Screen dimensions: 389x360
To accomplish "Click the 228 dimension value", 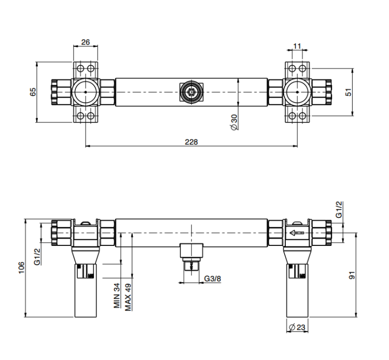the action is click(x=191, y=142).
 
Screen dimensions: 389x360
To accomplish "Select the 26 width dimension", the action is click(x=86, y=42).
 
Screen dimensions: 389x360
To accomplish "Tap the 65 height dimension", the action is click(x=33, y=92).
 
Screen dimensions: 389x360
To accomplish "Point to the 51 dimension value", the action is click(x=349, y=92).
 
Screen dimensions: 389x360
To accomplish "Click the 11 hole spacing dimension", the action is click(x=297, y=46).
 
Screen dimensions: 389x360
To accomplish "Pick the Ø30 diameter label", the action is click(x=234, y=122).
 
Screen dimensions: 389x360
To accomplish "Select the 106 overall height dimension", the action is click(x=22, y=268).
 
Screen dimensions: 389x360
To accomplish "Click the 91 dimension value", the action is click(x=352, y=275).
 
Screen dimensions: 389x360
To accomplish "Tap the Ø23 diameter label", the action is click(x=297, y=327).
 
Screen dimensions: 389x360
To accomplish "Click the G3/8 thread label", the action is click(x=212, y=279).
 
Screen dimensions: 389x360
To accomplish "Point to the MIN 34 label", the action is click(x=117, y=296).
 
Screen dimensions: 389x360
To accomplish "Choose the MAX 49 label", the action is click(x=128, y=297).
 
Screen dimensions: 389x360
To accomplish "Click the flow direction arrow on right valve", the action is click(x=297, y=233).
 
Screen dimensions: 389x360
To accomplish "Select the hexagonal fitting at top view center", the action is click(x=191, y=92).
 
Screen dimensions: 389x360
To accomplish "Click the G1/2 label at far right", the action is click(x=339, y=210).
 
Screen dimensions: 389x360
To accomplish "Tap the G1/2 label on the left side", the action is click(x=37, y=257).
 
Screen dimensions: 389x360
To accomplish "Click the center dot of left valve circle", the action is click(x=86, y=92).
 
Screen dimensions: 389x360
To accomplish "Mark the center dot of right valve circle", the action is click(x=297, y=92).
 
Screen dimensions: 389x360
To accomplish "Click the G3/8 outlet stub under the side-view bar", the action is click(x=191, y=257).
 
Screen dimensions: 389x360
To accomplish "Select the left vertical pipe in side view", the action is click(x=86, y=290).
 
